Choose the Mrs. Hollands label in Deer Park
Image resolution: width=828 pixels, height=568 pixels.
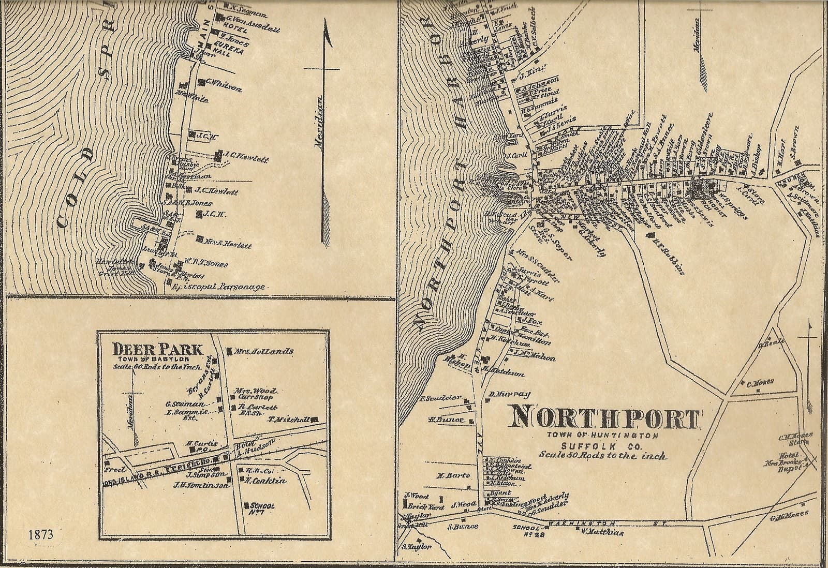[x=264, y=351]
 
